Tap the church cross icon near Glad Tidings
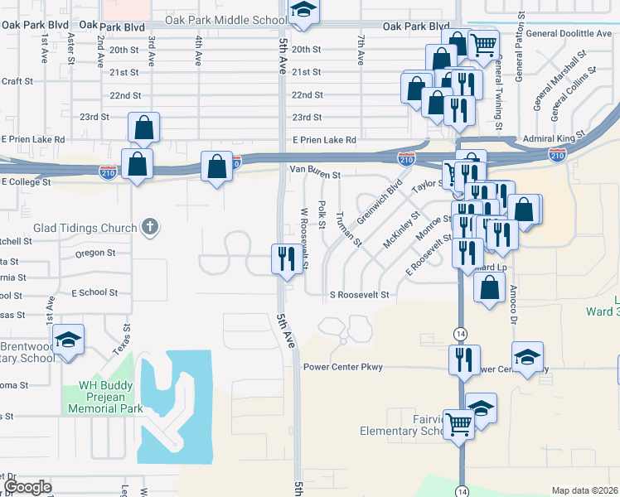(149, 227)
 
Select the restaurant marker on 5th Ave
(283, 259)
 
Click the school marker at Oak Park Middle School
(303, 10)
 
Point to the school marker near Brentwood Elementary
(68, 340)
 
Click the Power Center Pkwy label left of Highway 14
(343, 367)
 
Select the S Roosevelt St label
(359, 294)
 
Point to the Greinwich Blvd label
(380, 202)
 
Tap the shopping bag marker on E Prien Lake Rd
(144, 128)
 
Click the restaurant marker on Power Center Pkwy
(463, 359)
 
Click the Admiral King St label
(555, 139)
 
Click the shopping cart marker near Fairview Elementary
(458, 424)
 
